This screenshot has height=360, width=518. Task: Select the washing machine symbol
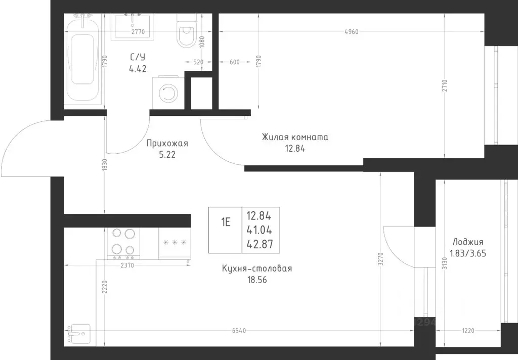click(x=168, y=93)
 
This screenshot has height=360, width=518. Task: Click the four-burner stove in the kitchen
click(x=123, y=243)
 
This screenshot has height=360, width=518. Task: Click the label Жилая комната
click(x=295, y=137)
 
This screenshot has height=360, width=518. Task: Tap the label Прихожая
click(x=167, y=143)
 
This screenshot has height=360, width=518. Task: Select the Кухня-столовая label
click(x=257, y=268)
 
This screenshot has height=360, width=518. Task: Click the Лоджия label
click(x=468, y=242)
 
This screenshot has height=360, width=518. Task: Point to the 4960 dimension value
click(x=351, y=32)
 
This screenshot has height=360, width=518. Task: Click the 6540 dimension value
click(x=239, y=331)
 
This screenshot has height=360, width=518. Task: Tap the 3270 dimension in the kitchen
click(x=380, y=259)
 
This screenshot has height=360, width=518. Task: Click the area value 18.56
click(x=257, y=280)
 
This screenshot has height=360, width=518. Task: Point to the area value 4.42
click(x=138, y=69)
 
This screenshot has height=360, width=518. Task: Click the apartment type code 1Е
click(x=226, y=222)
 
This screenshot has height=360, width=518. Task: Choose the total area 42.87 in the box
click(x=260, y=244)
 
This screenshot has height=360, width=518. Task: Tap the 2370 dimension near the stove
click(x=127, y=265)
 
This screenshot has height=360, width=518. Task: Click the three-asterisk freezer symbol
click(x=175, y=243)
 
